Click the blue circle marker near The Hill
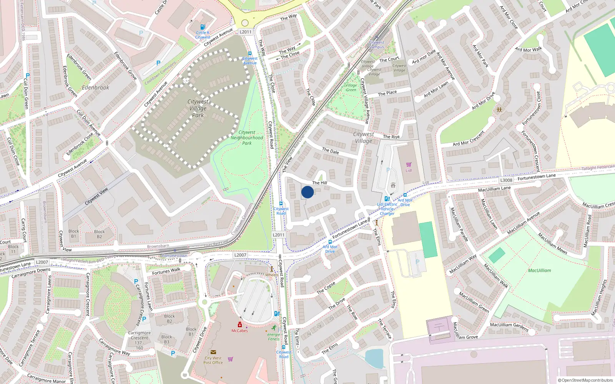[307, 192]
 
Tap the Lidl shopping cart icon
[409, 165]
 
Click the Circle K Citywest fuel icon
[203, 28]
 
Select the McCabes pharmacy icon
[239, 325]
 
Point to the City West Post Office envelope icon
[213, 352]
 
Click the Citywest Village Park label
[198, 108]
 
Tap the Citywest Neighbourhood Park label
[247, 137]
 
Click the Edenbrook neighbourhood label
[95, 88]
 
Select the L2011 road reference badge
[245, 32]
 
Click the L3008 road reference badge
[506, 180]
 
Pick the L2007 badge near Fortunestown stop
[240, 255]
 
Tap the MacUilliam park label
[539, 270]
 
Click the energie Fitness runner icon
[274, 328]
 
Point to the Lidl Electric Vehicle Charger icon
[387, 199]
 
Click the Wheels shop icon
[272, 269]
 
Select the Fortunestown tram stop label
[175, 256]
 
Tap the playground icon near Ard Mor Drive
[499, 110]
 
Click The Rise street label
[391, 137]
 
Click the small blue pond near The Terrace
[374, 358]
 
